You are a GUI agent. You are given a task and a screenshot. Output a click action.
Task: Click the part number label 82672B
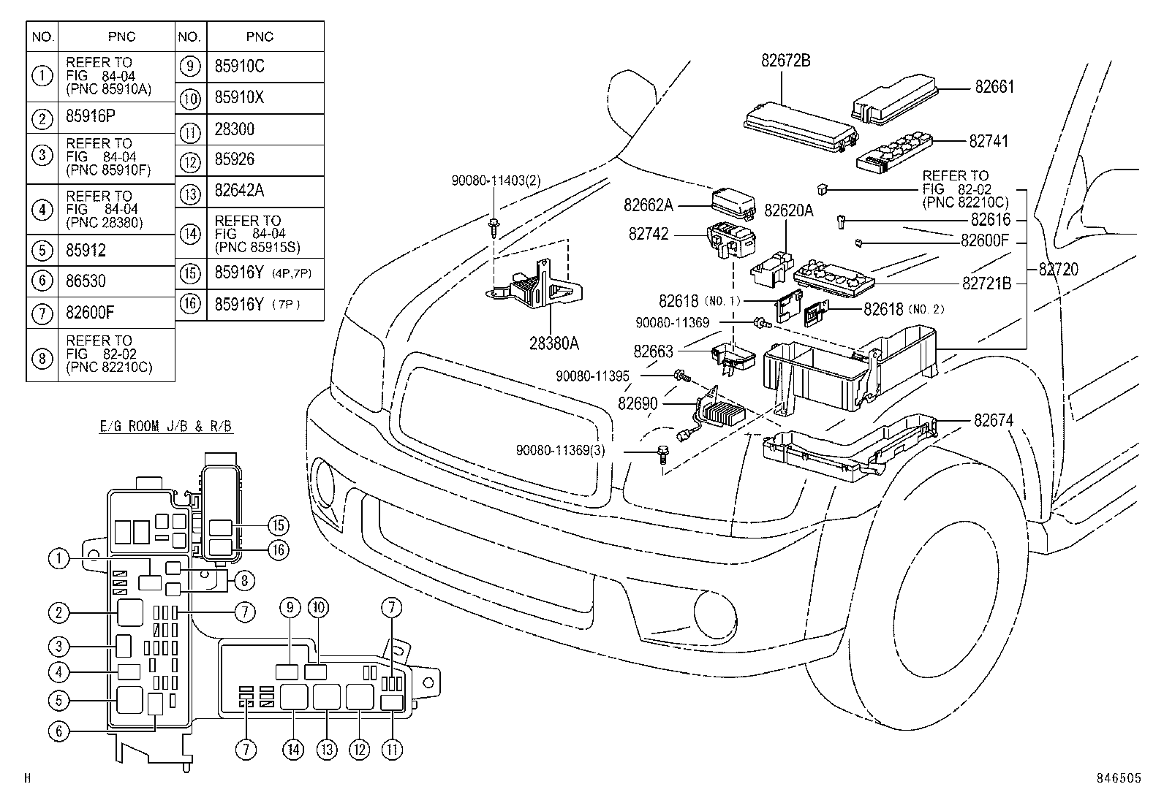[x=785, y=61]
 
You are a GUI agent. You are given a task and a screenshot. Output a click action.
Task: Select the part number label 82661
[x=994, y=88]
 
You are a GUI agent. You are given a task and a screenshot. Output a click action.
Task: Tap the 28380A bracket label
[x=554, y=343]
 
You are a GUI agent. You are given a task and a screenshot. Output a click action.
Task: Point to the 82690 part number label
[x=638, y=403]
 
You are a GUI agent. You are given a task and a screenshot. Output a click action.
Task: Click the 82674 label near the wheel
[x=994, y=421]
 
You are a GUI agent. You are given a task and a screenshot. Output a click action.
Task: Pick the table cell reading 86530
[x=86, y=281]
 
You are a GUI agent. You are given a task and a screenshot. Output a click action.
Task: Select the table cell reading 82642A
[x=239, y=191]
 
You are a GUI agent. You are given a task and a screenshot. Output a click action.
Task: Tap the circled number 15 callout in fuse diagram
[x=278, y=525]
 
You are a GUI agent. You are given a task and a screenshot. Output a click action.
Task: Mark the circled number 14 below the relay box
[x=294, y=749]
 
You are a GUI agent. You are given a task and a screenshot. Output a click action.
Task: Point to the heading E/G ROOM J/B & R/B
[x=166, y=427]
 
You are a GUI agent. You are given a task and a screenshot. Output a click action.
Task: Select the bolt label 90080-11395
[x=592, y=376]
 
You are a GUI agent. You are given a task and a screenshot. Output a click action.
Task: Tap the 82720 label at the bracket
[x=1058, y=270]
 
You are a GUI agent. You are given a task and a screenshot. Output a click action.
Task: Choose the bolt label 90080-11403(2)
[x=495, y=180]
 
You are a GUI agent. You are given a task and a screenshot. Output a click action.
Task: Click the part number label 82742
[x=649, y=234]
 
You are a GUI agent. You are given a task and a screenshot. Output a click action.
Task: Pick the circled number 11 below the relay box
[x=393, y=749]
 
